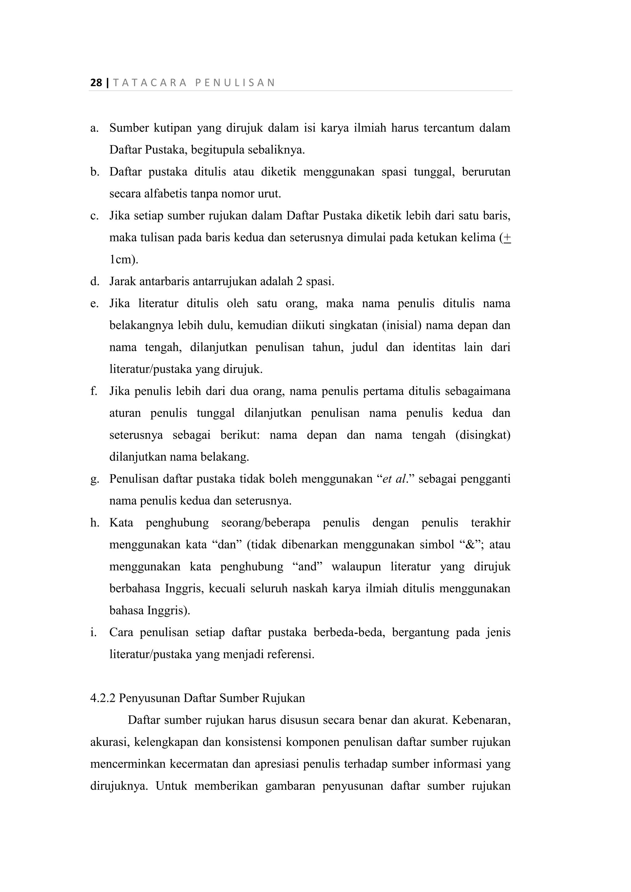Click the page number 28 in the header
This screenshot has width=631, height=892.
(96, 83)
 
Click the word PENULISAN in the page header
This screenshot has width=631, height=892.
(235, 83)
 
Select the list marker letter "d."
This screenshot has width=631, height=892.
(95, 281)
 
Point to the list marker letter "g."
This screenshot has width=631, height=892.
(95, 479)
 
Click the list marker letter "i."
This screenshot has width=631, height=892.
(93, 633)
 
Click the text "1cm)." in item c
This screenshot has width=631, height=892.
(124, 259)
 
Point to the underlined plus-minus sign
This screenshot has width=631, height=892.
(507, 237)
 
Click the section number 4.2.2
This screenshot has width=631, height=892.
(103, 698)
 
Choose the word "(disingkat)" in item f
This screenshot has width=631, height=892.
(482, 435)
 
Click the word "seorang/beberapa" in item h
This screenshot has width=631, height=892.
(266, 523)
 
